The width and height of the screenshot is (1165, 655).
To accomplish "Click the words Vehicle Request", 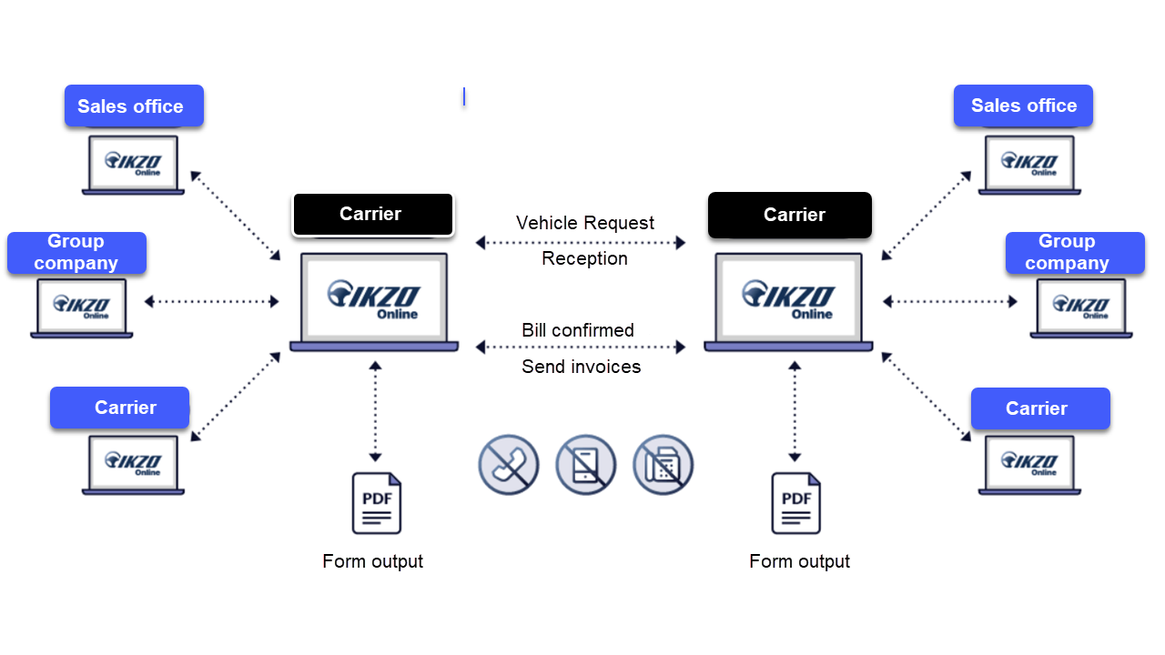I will pyautogui.click(x=584, y=223).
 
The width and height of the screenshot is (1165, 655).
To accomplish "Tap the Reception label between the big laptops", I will pyautogui.click(x=584, y=258).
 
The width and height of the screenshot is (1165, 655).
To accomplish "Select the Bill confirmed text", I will pyautogui.click(x=578, y=330).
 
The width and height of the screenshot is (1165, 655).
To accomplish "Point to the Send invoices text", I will pyautogui.click(x=581, y=367).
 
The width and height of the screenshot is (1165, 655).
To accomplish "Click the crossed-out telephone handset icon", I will pyautogui.click(x=509, y=465).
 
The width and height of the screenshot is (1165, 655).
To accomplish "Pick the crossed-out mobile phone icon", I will pyautogui.click(x=586, y=465).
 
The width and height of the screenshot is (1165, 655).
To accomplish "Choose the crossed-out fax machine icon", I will pyautogui.click(x=664, y=465).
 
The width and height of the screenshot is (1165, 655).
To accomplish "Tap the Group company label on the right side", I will pyautogui.click(x=1074, y=252).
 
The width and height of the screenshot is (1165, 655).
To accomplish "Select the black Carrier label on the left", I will pyautogui.click(x=372, y=214).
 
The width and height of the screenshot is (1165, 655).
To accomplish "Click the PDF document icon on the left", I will pyautogui.click(x=377, y=503).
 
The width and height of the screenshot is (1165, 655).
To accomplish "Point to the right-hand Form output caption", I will pyautogui.click(x=799, y=561).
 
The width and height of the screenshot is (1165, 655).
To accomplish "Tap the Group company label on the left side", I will pyautogui.click(x=76, y=252).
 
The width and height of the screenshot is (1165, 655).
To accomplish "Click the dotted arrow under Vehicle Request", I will pyautogui.click(x=581, y=242).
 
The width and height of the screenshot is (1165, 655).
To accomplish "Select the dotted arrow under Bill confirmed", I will pyautogui.click(x=581, y=347).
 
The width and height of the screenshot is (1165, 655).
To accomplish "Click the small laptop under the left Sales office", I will pyautogui.click(x=133, y=165).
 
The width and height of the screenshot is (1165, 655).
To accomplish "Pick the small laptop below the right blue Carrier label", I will pyautogui.click(x=1029, y=465).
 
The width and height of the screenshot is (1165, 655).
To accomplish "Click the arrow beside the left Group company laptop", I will pyautogui.click(x=212, y=301).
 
